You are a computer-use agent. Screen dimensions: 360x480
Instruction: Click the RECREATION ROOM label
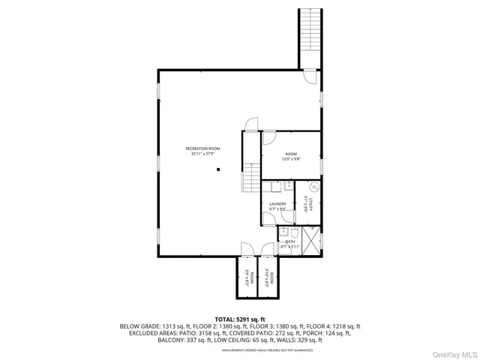click(x=203, y=151)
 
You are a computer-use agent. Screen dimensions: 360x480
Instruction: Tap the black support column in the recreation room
click(x=218, y=170)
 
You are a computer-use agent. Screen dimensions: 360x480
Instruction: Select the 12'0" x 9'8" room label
click(x=291, y=156)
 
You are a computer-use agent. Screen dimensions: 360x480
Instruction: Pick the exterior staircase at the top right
click(x=310, y=37)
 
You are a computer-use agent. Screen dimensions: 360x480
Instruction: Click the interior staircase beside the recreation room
click(x=249, y=180)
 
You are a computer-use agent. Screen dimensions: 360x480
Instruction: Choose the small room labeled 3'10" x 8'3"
click(x=267, y=277)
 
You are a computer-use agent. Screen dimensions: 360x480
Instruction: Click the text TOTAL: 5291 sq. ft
click(x=239, y=319)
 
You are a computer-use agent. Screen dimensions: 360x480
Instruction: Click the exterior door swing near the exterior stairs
click(x=310, y=76)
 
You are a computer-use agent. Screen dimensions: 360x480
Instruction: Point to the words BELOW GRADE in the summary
click(x=140, y=326)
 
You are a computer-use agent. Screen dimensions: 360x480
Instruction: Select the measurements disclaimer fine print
click(x=239, y=349)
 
